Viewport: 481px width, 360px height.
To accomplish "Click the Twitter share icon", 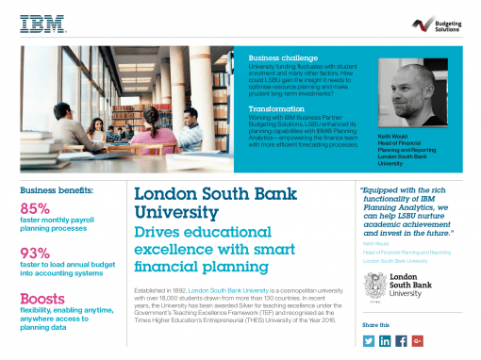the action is click(369, 340).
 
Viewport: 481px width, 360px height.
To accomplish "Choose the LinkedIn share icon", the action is click(386, 340).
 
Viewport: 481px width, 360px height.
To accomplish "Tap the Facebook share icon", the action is click(402, 340).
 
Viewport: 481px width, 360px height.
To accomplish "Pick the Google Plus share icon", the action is click(418, 340).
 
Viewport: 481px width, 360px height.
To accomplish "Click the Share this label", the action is click(375, 324).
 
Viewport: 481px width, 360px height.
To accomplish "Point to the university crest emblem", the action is click(372, 286).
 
